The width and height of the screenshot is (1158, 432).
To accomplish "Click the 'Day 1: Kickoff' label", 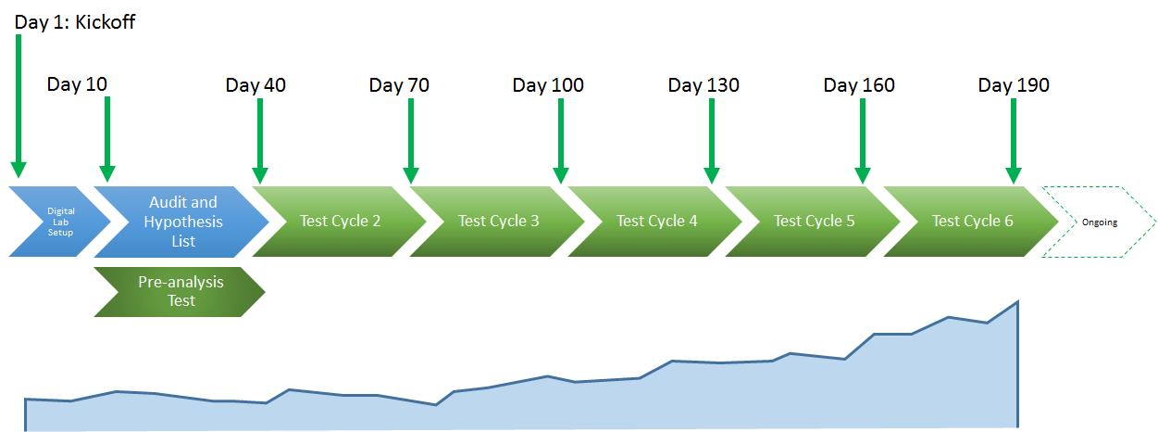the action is click(x=74, y=22).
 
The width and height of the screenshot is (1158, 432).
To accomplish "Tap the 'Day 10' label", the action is click(x=77, y=84).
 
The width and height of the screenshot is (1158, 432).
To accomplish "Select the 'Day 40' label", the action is click(x=255, y=85).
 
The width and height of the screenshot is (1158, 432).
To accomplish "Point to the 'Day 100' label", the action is click(x=548, y=85).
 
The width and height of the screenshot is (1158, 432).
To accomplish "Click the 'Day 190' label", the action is click(x=1014, y=85).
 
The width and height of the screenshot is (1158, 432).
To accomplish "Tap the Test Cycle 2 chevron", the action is click(x=340, y=222).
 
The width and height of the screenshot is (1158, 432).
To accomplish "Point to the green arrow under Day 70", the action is click(x=411, y=141).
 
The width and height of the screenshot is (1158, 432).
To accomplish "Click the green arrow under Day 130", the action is click(x=712, y=141).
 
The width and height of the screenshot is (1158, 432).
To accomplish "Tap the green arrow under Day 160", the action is click(x=863, y=141).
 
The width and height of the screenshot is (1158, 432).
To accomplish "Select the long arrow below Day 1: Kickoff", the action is click(x=19, y=107).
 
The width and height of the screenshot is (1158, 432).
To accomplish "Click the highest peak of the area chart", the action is click(x=1018, y=301).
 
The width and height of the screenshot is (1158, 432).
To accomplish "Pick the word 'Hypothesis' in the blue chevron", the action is click(x=183, y=222).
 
